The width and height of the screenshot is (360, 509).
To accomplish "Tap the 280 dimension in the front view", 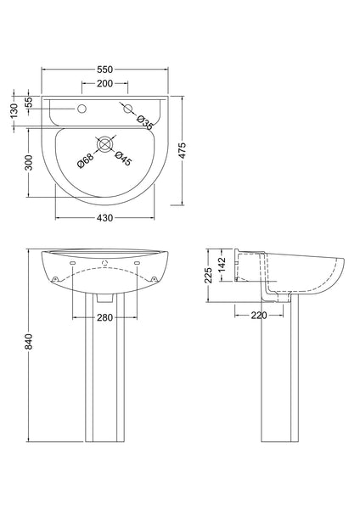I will (106, 317).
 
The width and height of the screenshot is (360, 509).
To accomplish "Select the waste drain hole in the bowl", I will (106, 145).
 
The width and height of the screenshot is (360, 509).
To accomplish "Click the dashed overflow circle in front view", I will (106, 264).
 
